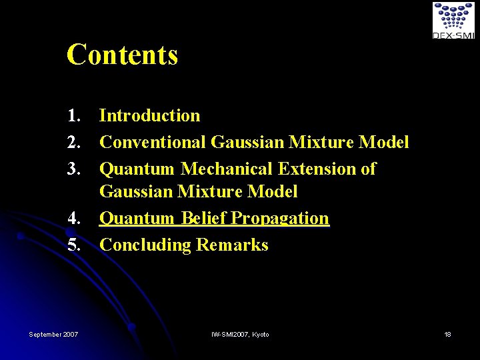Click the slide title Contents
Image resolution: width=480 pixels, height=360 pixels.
pyautogui.click(x=122, y=55)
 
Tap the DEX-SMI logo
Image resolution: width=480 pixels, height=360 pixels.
pyautogui.click(x=453, y=20)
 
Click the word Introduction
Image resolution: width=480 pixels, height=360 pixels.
pyautogui.click(x=149, y=116)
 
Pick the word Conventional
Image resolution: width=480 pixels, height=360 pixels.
pyautogui.click(x=153, y=143)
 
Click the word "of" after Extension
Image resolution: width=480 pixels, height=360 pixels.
pyautogui.click(x=369, y=169)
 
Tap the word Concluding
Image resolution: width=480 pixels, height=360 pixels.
pyautogui.click(x=145, y=245)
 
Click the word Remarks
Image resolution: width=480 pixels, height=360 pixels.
pyautogui.click(x=232, y=245)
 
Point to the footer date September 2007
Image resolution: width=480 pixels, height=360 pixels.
pyautogui.click(x=53, y=334)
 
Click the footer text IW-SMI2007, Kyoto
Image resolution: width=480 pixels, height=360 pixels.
pyautogui.click(x=240, y=334)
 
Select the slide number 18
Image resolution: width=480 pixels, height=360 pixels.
pyautogui.click(x=447, y=334)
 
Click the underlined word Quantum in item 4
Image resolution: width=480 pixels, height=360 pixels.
pyautogui.click(x=137, y=219)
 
